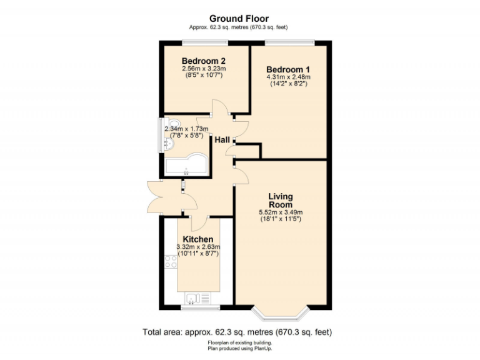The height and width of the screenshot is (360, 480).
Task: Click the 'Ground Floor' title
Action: [239, 19]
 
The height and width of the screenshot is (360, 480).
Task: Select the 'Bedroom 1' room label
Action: [287, 69]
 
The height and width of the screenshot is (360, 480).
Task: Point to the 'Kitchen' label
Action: [198, 239]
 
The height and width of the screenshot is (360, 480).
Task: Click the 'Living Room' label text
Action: [281, 201]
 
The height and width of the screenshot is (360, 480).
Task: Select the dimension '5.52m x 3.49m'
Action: [281, 212]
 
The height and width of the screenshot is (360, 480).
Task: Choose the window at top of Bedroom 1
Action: [289, 42]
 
